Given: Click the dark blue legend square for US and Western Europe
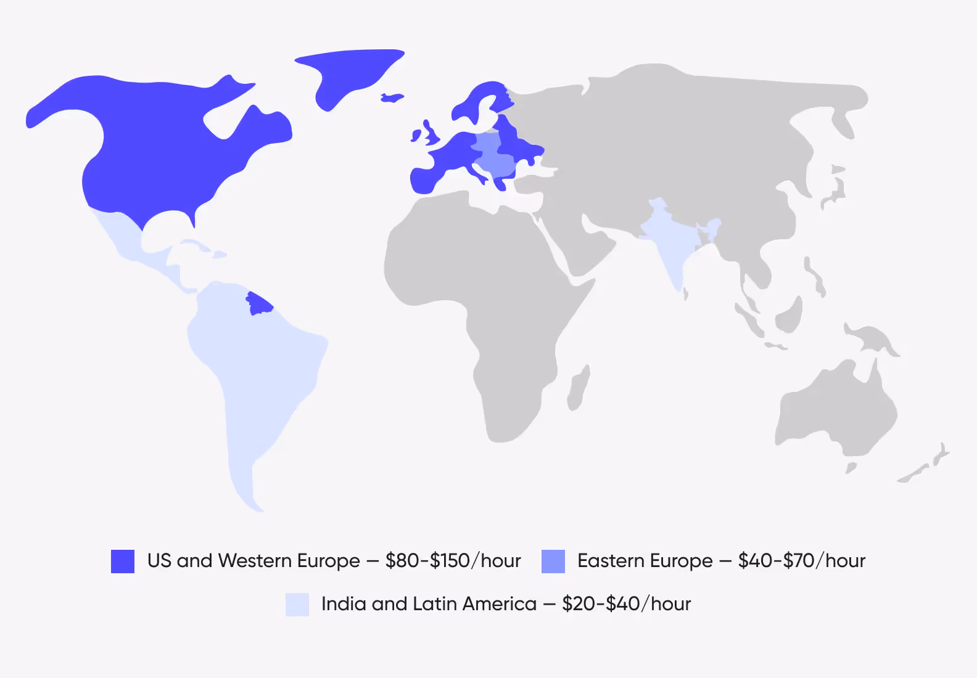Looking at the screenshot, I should click(122, 561).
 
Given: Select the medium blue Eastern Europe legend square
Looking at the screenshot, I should click(553, 561).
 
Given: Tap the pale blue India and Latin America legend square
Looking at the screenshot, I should click(297, 604).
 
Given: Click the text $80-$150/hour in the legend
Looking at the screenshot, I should click(453, 561).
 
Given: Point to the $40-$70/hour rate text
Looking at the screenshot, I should click(801, 561).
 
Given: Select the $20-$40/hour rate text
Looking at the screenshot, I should click(626, 604).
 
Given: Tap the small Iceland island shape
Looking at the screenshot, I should click(391, 97).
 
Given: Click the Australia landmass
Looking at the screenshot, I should click(833, 407).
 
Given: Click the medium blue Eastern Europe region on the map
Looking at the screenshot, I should click(493, 157).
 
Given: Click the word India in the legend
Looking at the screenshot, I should click(343, 604).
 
